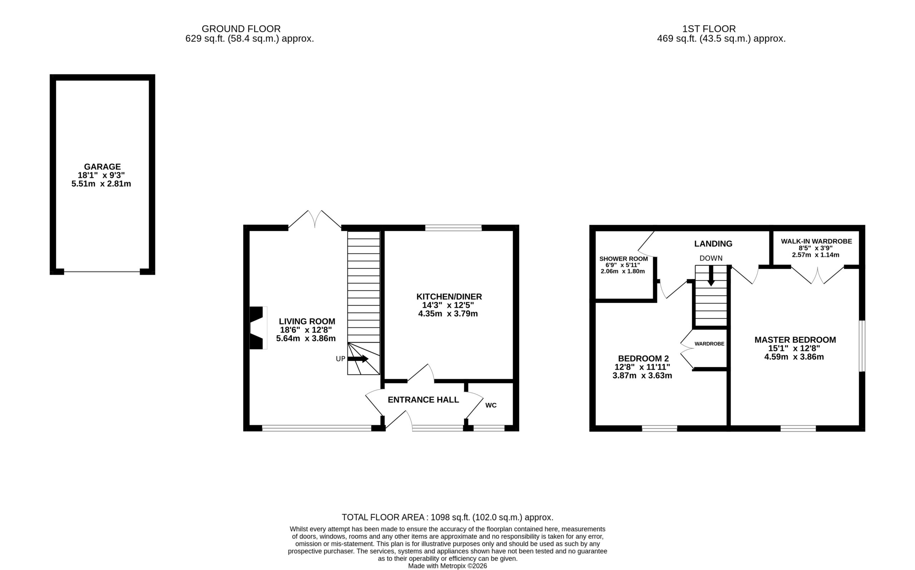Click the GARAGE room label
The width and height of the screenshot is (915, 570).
point(102,167)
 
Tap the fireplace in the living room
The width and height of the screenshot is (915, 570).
point(258,328)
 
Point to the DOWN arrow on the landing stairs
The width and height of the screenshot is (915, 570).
point(711,276)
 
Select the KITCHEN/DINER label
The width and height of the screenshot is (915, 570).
point(449,297)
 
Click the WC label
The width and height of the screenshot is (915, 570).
point(491,405)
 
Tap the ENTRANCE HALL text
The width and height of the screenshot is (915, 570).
point(424,399)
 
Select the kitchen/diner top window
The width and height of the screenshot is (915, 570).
point(454,228)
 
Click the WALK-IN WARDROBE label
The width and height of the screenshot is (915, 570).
point(816,241)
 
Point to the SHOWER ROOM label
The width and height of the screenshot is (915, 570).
point(623,259)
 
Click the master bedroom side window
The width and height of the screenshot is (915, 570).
point(862,346)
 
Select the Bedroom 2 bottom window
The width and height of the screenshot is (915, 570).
point(659,428)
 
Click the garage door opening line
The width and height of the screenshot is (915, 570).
point(102,271)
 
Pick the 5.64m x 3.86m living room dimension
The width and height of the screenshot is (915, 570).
point(306,338)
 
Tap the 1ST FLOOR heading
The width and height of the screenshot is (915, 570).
point(709,29)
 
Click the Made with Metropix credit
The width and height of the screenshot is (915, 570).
point(447,566)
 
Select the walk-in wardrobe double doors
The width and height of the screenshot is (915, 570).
point(817,275)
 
